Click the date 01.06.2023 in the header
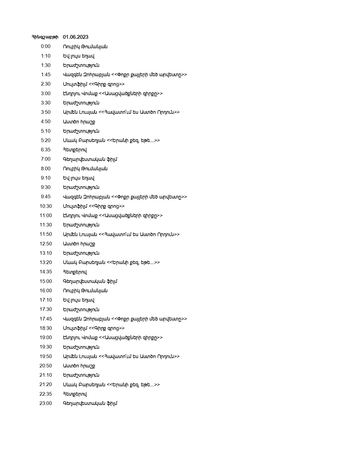click(75, 37)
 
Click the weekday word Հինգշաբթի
click(45, 37)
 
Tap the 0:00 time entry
click(46, 47)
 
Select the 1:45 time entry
click(46, 75)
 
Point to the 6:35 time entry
click(46, 150)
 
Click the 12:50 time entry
click(46, 244)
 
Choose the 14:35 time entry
click(46, 272)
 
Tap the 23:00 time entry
click(46, 403)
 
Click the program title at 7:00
click(90, 159)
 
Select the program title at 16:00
click(85, 291)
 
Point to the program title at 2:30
click(94, 84)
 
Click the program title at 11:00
click(113, 215)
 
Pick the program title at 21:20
click(111, 385)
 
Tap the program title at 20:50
click(79, 366)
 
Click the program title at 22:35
click(75, 394)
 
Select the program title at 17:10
click(78, 300)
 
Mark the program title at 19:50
click(121, 356)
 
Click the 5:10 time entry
click(46, 131)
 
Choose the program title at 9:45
click(125, 197)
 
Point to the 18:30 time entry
click(46, 328)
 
